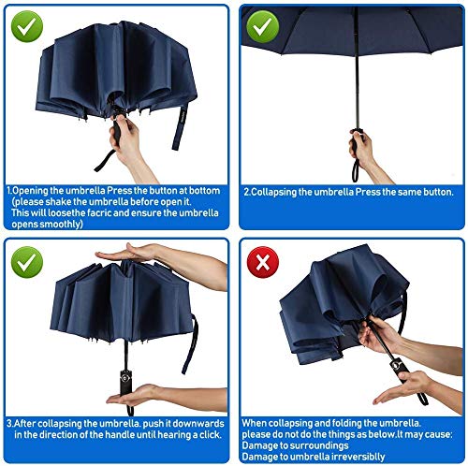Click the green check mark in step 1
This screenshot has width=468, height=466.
27,26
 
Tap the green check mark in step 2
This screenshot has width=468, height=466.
263,26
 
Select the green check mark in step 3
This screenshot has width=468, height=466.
27,262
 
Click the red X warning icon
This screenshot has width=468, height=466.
263,262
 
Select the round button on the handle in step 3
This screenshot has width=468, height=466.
125,378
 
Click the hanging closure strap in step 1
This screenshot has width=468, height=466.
181,127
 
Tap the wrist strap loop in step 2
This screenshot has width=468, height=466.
356,171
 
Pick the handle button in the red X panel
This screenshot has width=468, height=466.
396,364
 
